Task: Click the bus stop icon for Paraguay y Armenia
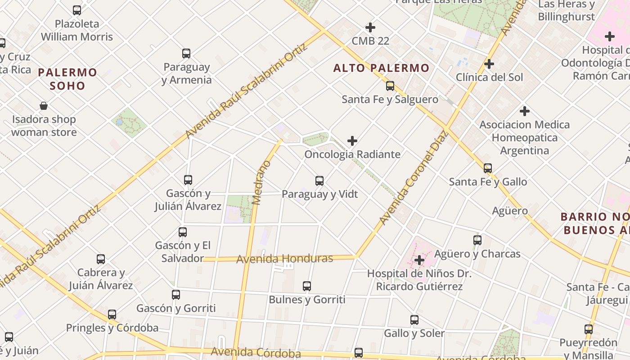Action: pyautogui.click(x=186, y=54)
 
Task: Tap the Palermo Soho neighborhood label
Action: pyautogui.click(x=67, y=79)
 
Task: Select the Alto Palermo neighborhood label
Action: pyautogui.click(x=381, y=68)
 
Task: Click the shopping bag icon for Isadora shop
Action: pyautogui.click(x=44, y=106)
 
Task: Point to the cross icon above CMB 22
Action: pyautogui.click(x=370, y=28)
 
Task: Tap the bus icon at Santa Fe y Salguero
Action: pyautogui.click(x=390, y=86)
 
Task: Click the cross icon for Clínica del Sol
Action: pyautogui.click(x=489, y=64)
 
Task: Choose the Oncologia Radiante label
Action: pyautogui.click(x=352, y=154)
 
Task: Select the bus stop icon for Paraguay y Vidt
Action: pyautogui.click(x=319, y=181)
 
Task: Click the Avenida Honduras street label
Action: pyautogui.click(x=284, y=259)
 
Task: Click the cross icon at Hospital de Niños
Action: pyautogui.click(x=419, y=260)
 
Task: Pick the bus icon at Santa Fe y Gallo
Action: pyautogui.click(x=488, y=168)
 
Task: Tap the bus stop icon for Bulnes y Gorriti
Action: pyautogui.click(x=307, y=286)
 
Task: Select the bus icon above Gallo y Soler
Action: pyautogui.click(x=414, y=320)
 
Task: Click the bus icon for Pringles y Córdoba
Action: pyautogui.click(x=112, y=315)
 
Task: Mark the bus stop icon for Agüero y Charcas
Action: pyautogui.click(x=477, y=240)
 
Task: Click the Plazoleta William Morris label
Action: pyautogui.click(x=77, y=30)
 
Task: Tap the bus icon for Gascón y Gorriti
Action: pyautogui.click(x=176, y=295)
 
